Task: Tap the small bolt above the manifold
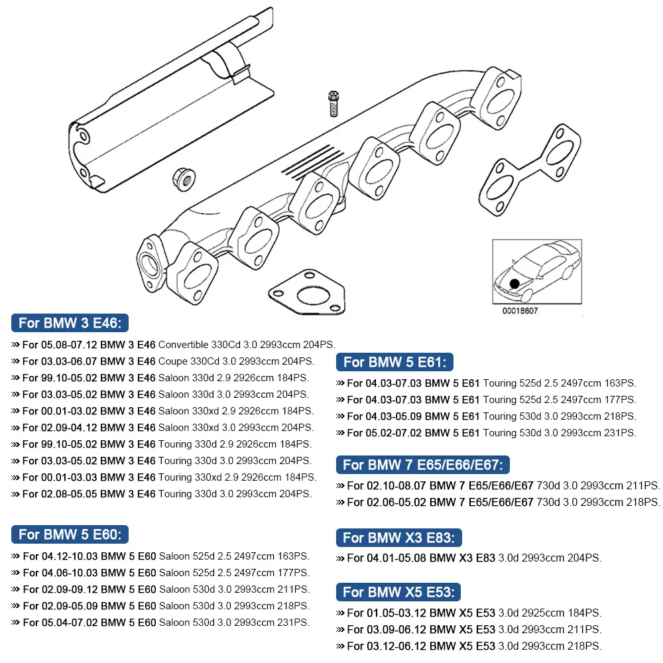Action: (334, 103)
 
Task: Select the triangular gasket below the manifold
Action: (307, 294)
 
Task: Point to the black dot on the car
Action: (514, 283)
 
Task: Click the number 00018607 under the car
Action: (520, 310)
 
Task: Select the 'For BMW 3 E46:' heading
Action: (70, 324)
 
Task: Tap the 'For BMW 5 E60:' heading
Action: (70, 534)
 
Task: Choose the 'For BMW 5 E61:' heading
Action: (394, 362)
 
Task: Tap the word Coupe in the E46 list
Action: (172, 361)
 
